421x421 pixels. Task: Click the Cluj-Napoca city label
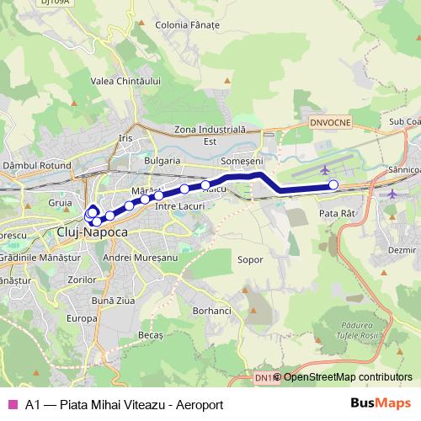(92, 231)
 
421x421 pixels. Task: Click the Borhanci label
(210, 311)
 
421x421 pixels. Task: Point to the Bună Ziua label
(112, 300)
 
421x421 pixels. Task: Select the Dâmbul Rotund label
(37, 167)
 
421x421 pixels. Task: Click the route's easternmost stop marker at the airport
(333, 184)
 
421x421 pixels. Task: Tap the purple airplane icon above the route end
(326, 170)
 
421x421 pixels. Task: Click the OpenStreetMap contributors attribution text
(348, 377)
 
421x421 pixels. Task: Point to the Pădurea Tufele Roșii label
(361, 330)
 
